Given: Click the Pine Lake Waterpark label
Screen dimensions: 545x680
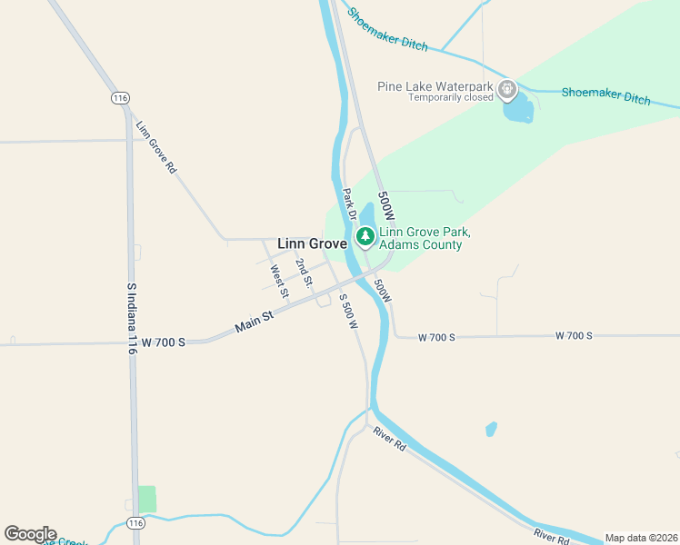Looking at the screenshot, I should tap(435, 86).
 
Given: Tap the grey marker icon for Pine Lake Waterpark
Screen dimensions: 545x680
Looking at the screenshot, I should tap(507, 90).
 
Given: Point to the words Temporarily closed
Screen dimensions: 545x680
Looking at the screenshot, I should tap(450, 97).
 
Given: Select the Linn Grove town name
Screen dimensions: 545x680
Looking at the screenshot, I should tap(312, 244).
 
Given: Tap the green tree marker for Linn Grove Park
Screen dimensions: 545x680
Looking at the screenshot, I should tap(365, 237).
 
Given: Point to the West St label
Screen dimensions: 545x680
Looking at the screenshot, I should tap(279, 281).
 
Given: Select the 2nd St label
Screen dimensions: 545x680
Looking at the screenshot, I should tap(304, 270).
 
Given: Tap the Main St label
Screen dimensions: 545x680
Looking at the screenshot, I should tap(255, 320).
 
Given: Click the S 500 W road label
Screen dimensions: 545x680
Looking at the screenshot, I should tap(349, 312).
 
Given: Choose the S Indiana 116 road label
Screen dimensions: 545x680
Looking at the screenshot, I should tap(132, 318).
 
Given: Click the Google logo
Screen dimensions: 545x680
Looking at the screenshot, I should tap(30, 534).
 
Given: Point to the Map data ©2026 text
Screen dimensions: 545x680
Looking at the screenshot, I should tap(642, 538).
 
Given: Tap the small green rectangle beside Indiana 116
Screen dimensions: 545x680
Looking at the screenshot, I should tap(146, 499).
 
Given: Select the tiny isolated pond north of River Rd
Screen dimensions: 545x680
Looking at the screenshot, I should tap(492, 428).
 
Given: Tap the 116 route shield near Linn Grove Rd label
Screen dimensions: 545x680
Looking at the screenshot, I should tap(119, 97).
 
